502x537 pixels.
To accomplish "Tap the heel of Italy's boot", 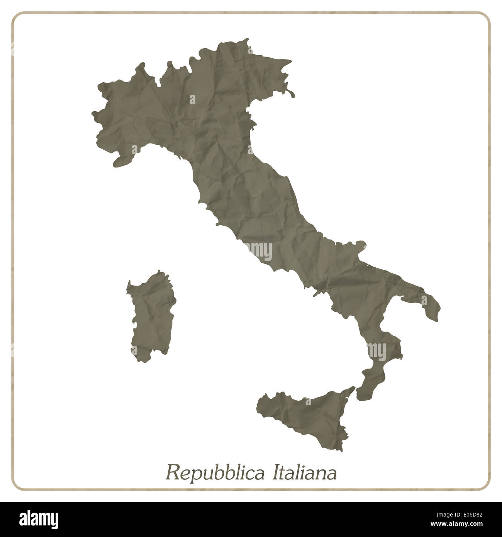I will [x=434, y=313].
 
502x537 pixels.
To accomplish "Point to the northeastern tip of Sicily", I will [x=352, y=388].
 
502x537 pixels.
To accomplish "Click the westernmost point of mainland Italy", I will [x=93, y=113].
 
